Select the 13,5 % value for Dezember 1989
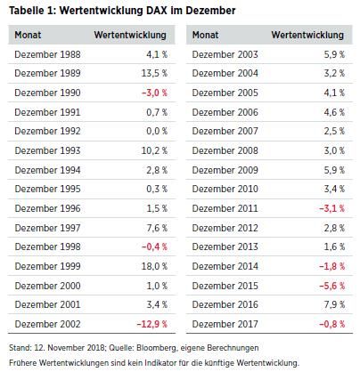point(154,73)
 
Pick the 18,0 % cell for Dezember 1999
point(154,266)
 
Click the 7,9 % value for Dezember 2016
point(332,304)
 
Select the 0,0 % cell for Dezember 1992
point(157,131)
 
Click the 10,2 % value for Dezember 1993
point(154,150)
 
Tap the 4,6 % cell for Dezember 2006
point(332,112)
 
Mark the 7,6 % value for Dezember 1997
point(157,228)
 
